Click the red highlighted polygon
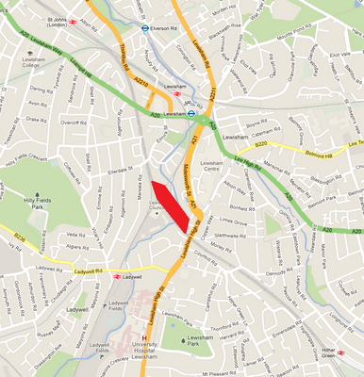tap(168, 205)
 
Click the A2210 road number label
tap(141, 83)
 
